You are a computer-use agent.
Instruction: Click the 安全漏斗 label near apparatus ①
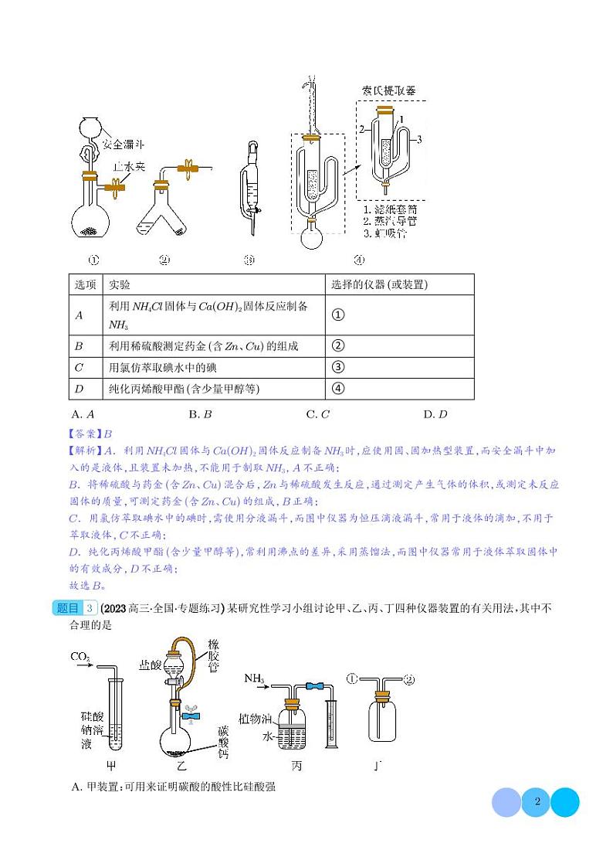click(x=123, y=144)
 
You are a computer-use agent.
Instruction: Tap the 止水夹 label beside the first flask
click(x=129, y=165)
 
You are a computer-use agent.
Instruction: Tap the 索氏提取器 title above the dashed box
click(x=390, y=90)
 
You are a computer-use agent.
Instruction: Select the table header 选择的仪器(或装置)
click(x=379, y=284)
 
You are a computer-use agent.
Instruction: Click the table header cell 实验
click(x=120, y=284)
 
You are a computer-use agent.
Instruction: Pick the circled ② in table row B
click(x=337, y=345)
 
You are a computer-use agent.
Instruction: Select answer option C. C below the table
click(x=317, y=414)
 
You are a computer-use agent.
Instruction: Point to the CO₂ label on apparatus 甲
click(x=80, y=657)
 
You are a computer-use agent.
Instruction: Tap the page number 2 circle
click(x=537, y=801)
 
